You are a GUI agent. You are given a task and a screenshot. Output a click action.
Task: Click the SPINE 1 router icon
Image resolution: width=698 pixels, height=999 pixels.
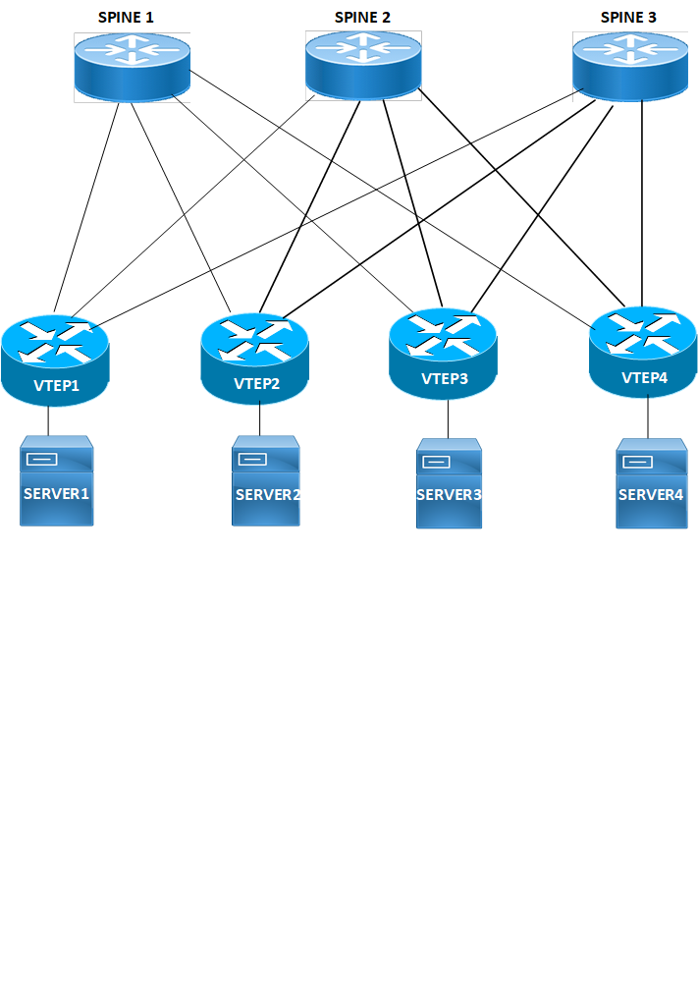(132, 65)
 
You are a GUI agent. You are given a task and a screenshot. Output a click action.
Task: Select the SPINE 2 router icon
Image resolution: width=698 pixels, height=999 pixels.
(363, 63)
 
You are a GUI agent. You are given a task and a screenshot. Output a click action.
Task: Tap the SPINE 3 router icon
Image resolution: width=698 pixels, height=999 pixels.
(630, 63)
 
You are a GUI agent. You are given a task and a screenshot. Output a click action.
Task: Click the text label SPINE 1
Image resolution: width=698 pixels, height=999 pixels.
(126, 17)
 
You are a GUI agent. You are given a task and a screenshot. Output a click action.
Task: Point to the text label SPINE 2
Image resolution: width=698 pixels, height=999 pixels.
(362, 17)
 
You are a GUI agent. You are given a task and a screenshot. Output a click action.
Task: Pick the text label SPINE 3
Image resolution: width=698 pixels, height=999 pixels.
(628, 17)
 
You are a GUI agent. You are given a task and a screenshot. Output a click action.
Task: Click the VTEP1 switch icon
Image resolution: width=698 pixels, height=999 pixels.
(55, 360)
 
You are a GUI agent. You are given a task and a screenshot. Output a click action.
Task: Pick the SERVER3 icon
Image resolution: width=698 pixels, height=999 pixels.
(449, 484)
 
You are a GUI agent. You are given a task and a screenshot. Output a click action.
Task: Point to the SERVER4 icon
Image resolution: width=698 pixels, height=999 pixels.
(649, 484)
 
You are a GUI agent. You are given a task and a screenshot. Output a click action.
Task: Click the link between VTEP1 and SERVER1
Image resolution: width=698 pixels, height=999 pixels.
(49, 421)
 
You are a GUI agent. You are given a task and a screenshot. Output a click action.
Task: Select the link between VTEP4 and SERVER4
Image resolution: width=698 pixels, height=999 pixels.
(648, 418)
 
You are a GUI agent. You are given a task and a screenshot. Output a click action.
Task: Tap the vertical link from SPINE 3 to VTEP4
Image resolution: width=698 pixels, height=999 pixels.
(642, 196)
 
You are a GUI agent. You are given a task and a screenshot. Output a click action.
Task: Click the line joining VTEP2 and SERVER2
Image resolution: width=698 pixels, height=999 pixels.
(260, 420)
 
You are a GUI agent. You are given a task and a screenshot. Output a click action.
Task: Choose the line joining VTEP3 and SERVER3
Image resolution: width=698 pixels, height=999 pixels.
(449, 419)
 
